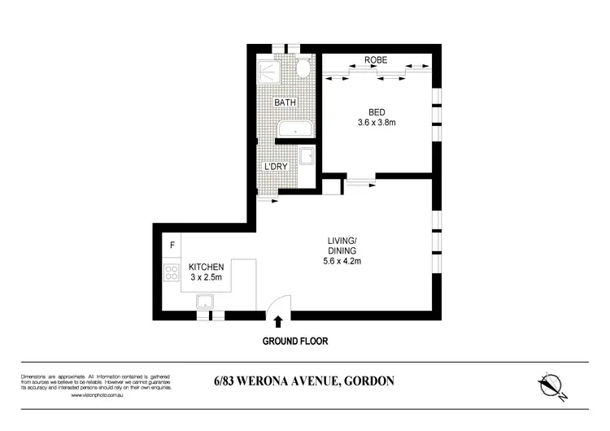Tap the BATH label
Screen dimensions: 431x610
[285, 103]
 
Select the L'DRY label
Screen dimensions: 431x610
[277, 168]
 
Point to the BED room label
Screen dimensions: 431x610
[376, 111]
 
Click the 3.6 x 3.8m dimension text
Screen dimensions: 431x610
[376, 124]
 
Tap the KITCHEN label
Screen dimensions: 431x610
[206, 267]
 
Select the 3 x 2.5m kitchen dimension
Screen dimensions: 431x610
[206, 278]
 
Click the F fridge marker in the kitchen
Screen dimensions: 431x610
[172, 245]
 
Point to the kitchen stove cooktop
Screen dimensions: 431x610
[172, 273]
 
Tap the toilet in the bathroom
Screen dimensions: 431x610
[303, 68]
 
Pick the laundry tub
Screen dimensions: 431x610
[307, 158]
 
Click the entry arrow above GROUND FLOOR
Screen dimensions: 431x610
[279, 322]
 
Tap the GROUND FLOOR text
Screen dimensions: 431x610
[294, 342]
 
